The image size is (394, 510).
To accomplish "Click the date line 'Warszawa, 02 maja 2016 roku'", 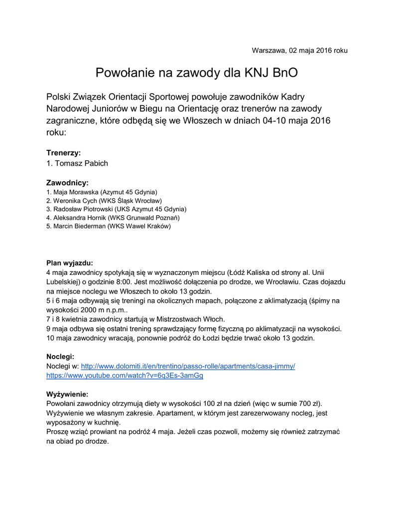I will click(x=299, y=50).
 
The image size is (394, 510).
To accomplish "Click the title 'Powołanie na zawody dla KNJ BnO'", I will click(x=197, y=73).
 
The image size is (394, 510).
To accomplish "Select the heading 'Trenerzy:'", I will click(x=63, y=152).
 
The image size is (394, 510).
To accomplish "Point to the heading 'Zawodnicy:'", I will click(x=67, y=183).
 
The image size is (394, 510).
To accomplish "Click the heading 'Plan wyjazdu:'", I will click(x=70, y=263).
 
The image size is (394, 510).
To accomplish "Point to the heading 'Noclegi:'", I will click(x=60, y=357).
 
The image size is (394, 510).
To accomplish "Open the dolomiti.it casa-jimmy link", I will click(x=188, y=366).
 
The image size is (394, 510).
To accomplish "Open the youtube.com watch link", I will click(x=125, y=376).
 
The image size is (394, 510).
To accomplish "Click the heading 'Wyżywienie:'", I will click(x=67, y=394).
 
